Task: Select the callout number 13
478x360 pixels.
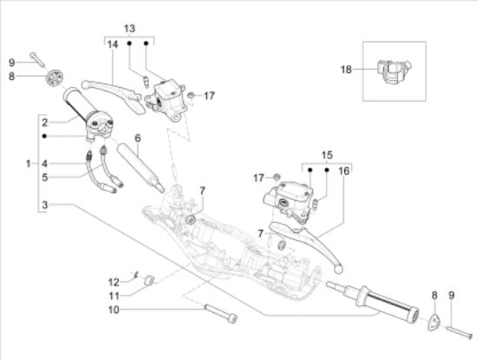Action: pos(129,28)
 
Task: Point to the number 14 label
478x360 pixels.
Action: pos(112,55)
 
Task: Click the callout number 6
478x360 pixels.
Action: pos(136,137)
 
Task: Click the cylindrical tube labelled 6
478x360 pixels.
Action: pos(139,166)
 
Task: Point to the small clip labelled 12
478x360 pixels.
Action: pos(136,277)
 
